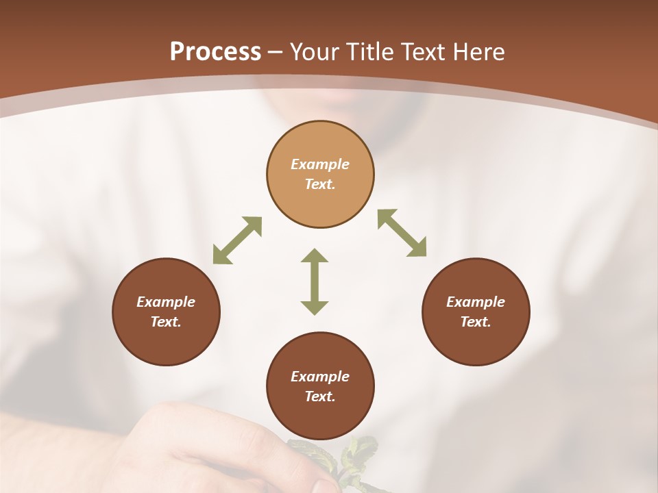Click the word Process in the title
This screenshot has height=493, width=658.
coord(215,52)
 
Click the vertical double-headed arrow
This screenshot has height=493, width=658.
coord(315,281)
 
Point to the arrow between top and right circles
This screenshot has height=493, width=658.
coord(402,233)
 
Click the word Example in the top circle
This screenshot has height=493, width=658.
coord(320,164)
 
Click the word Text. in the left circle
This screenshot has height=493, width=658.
coord(166,322)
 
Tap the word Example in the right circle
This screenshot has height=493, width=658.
coord(476,302)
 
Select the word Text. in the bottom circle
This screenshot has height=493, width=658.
coord(320,396)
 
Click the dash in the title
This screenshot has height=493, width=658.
coord(276,52)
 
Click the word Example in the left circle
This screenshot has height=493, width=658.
coord(166,302)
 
